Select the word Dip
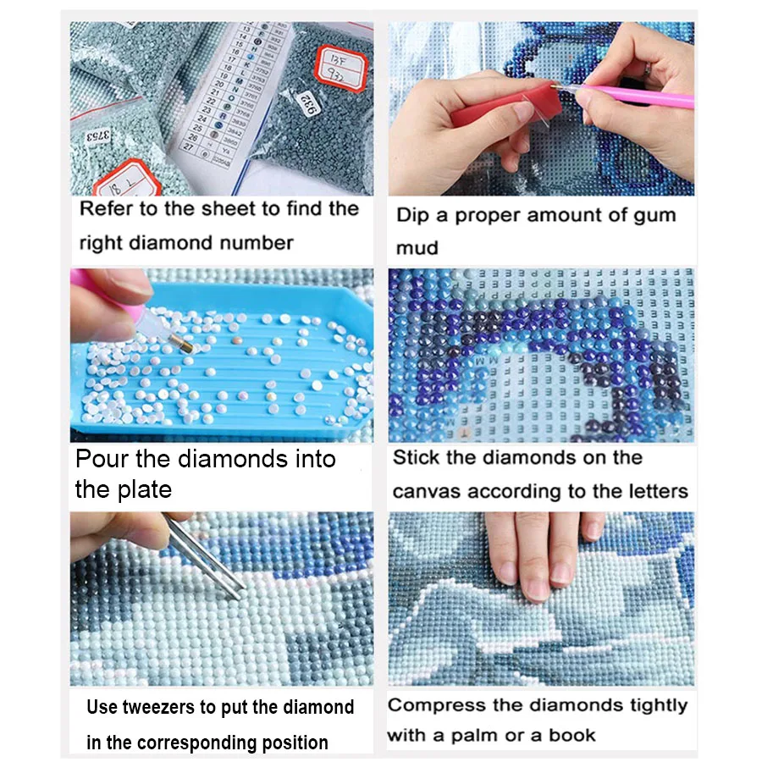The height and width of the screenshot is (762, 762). pyautogui.click(x=412, y=215)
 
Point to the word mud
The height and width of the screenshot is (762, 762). pyautogui.click(x=417, y=248)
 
